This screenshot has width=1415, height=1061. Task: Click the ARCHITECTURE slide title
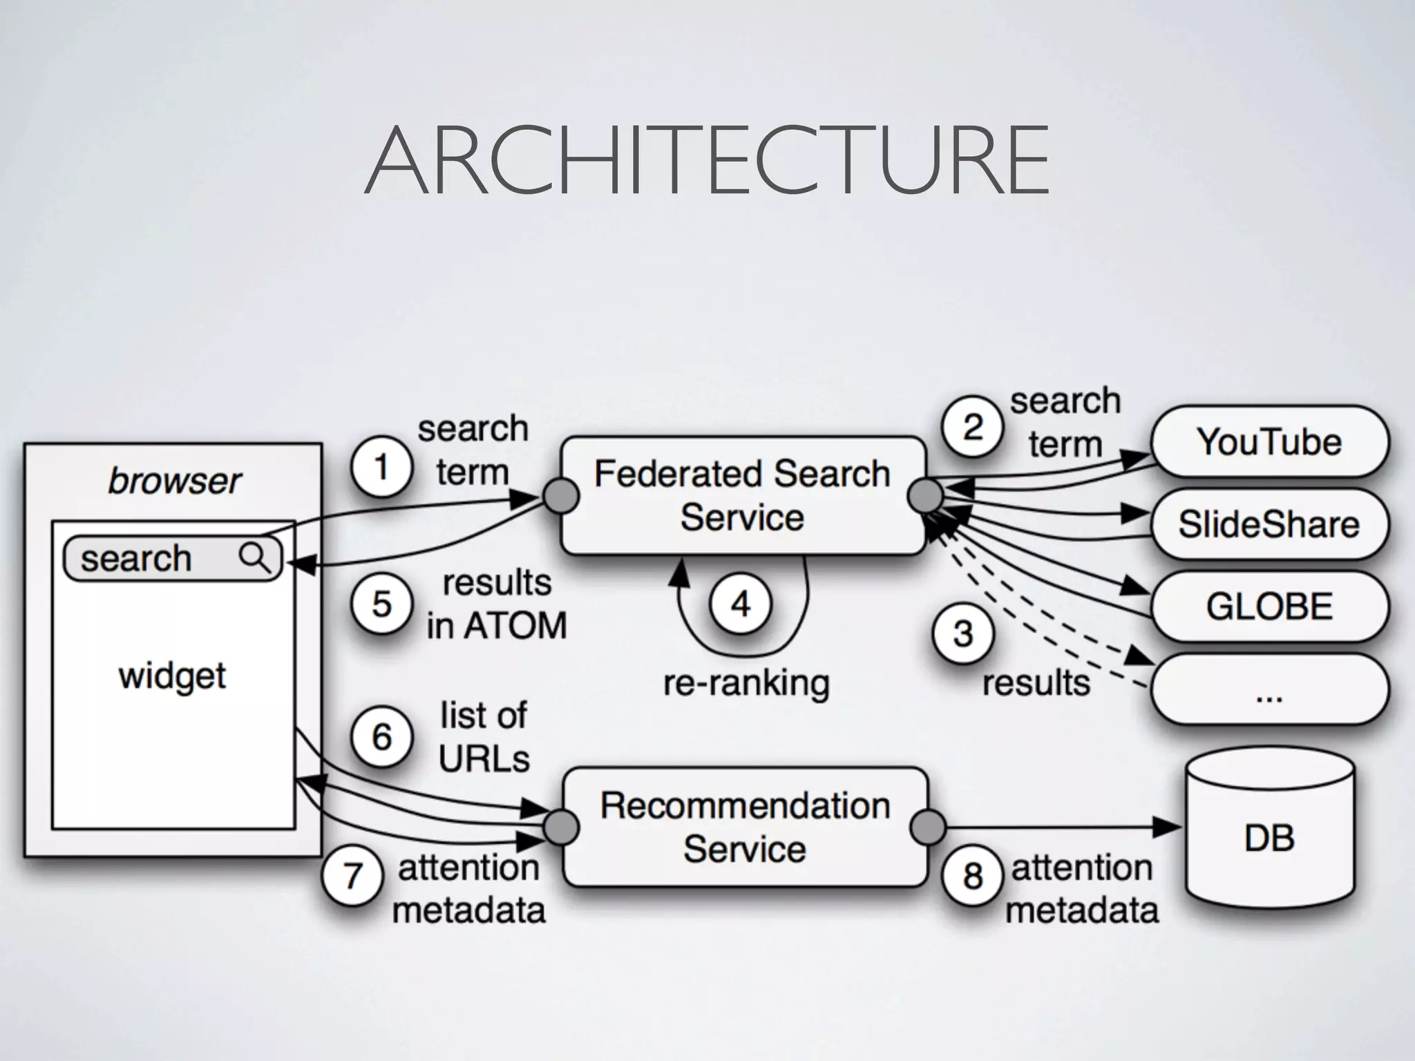(707, 160)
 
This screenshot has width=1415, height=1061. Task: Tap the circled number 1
(381, 468)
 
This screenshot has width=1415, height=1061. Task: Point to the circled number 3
(962, 634)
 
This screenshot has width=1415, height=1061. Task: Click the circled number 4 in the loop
(741, 604)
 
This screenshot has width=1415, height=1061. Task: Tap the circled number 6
(381, 737)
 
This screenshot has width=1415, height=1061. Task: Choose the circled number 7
(352, 876)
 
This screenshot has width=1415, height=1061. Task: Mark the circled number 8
(972, 876)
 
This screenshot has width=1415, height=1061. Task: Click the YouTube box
(1269, 442)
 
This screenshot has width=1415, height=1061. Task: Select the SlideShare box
(1269, 524)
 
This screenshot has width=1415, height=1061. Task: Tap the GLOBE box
(1269, 606)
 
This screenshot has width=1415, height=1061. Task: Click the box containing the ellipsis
(1269, 689)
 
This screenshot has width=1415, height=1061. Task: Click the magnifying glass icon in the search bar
(254, 557)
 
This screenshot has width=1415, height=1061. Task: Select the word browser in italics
(174, 481)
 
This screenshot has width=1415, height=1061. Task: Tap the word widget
(172, 676)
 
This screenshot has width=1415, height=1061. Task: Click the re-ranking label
(746, 683)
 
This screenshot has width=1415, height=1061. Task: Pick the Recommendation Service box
(745, 827)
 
